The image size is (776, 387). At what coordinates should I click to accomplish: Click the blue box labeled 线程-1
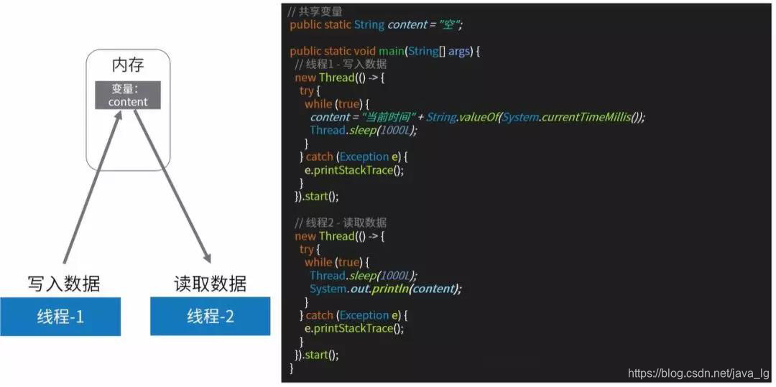[60, 316]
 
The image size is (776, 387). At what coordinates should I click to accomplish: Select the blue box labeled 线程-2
[211, 316]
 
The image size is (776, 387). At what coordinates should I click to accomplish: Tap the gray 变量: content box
[128, 95]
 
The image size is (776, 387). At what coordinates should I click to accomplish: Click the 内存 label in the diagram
[128, 65]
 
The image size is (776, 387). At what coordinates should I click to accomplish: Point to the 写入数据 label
[64, 284]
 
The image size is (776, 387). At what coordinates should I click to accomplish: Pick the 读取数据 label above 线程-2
[211, 284]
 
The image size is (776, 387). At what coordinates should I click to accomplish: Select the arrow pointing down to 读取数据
[172, 187]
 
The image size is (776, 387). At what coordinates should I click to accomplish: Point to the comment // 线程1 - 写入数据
[341, 65]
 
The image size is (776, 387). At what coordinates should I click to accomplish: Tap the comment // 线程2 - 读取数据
[341, 223]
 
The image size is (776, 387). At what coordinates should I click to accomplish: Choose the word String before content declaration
[369, 25]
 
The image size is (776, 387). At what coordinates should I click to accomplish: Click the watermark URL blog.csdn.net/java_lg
[698, 373]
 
